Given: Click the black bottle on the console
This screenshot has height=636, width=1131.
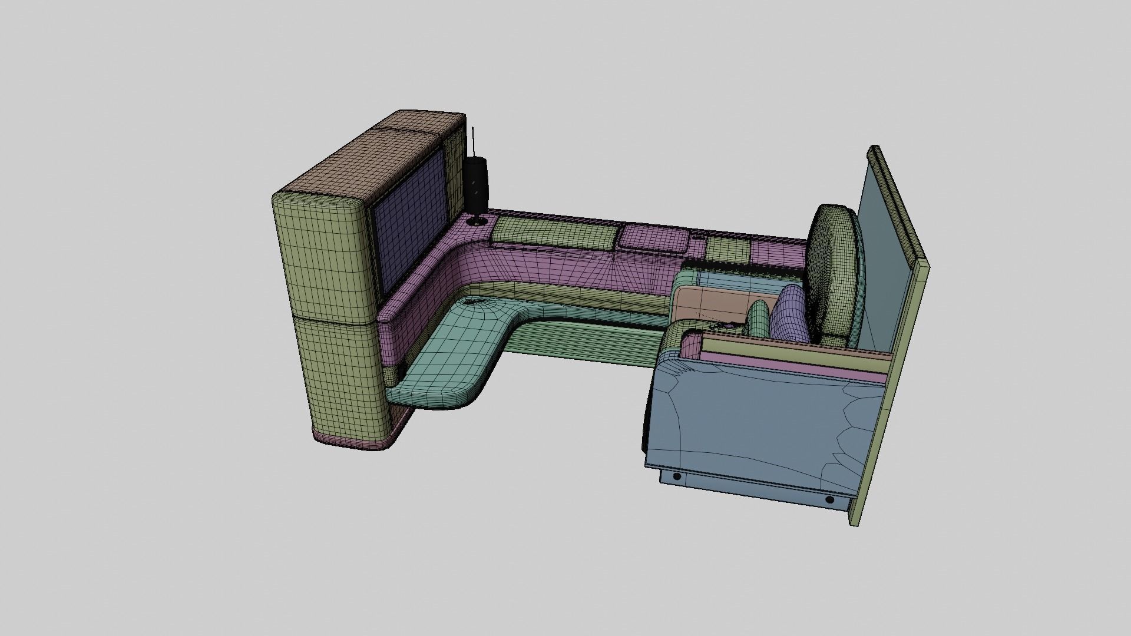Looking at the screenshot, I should coord(476,185).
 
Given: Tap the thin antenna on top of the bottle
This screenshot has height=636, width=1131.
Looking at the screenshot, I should coord(474,141).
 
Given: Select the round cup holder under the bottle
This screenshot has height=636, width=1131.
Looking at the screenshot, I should coord(476,222).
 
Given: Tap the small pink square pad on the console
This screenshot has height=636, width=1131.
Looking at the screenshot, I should coord(655,238).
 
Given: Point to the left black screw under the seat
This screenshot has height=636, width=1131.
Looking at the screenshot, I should coord(677,476).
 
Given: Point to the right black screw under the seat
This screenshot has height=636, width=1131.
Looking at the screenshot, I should coord(829,500).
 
